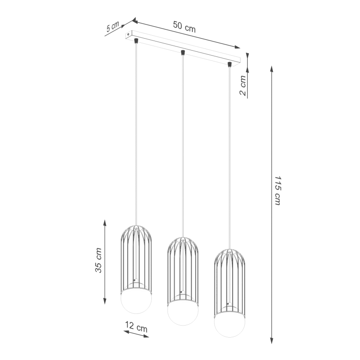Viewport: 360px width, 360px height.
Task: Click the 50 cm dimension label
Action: tap(184, 27)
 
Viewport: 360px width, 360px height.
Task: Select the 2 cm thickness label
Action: tap(243, 86)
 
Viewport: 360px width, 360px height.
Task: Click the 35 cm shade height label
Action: tap(99, 260)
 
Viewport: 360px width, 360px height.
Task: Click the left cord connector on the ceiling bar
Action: tap(136, 41)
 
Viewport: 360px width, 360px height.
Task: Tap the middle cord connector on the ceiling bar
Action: tap(182, 52)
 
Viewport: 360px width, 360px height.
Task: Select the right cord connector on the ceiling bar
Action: tap(229, 64)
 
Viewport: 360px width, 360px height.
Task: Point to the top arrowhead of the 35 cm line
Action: tap(105, 222)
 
